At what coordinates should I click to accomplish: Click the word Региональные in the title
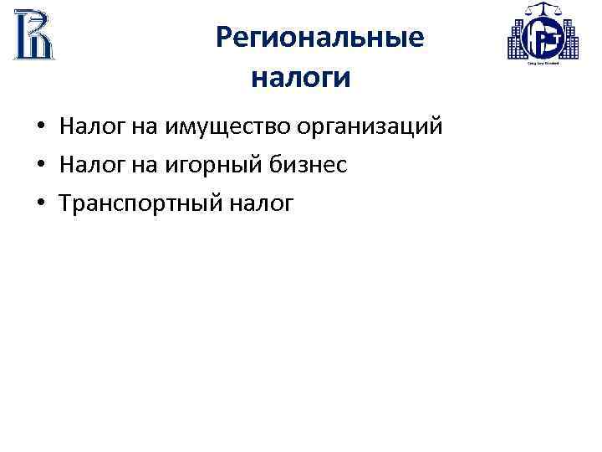click(319, 39)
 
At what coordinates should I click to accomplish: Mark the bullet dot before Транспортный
click(40, 203)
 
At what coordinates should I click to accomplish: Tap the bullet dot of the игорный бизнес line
click(40, 166)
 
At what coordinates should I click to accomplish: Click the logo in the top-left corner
click(33, 34)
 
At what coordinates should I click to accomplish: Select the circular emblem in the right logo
click(543, 40)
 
